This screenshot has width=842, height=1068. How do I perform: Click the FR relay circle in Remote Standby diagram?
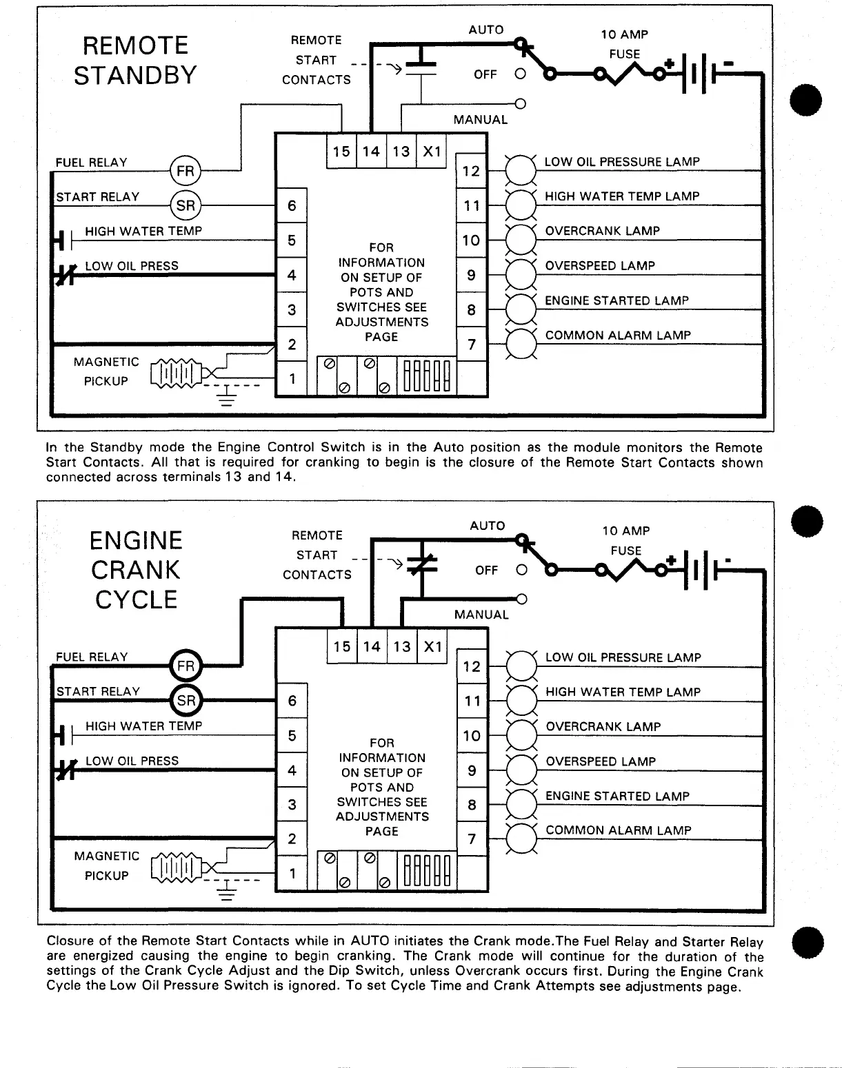tap(185, 171)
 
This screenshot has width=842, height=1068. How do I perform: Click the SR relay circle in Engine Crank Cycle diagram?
tap(186, 701)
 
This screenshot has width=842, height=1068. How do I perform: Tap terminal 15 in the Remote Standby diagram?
tap(341, 152)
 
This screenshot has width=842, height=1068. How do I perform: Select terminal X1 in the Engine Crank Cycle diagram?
tap(432, 647)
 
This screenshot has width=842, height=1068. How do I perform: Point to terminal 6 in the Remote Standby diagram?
tap(292, 205)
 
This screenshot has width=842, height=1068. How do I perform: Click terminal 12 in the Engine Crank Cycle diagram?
tap(472, 666)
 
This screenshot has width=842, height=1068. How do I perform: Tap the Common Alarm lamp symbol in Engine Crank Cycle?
tap(521, 839)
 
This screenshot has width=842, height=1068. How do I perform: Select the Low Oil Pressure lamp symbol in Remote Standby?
tap(521, 170)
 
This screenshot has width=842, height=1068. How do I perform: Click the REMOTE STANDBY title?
tap(135, 61)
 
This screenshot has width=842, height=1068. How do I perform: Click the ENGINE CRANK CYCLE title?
tap(136, 570)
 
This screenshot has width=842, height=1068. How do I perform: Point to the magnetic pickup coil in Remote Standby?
tap(177, 374)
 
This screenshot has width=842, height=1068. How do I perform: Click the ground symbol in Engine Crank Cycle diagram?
tap(226, 894)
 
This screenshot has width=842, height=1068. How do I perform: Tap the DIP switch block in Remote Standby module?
tap(428, 376)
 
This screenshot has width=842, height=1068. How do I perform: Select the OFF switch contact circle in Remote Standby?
tap(521, 73)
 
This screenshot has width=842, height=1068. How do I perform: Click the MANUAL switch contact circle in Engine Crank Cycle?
tap(521, 599)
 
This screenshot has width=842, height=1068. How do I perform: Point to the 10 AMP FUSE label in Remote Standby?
tap(624, 44)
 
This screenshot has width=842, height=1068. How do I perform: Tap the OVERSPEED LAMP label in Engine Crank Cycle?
tap(601, 761)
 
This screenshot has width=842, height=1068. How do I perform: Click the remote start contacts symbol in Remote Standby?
tap(421, 68)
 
